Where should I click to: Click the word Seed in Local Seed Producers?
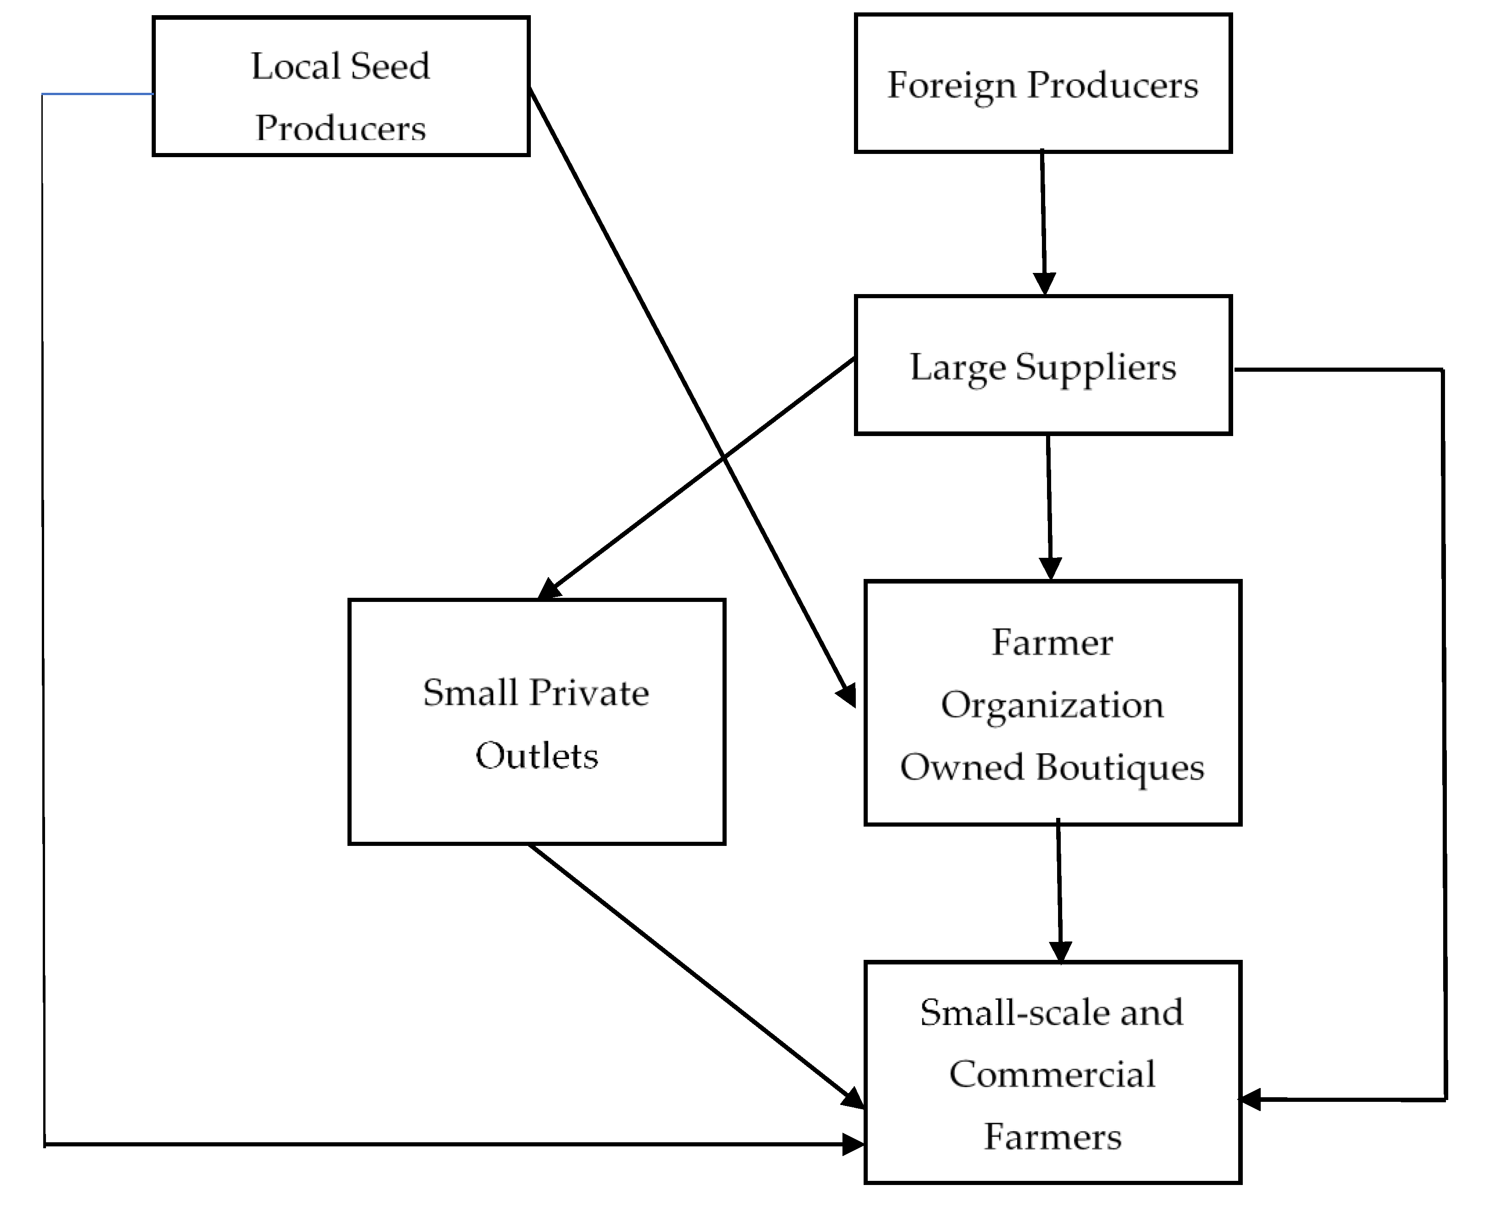tap(389, 67)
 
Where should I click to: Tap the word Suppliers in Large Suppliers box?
tap(1095, 367)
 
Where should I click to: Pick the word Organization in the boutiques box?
tap(1052, 705)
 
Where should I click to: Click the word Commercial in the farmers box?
tap(1052, 1074)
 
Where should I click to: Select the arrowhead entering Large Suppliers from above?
tap(1045, 283)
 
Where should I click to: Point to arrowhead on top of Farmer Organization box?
tap(1050, 568)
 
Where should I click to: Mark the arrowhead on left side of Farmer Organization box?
tap(847, 695)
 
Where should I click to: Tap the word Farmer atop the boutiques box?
tap(1052, 642)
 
